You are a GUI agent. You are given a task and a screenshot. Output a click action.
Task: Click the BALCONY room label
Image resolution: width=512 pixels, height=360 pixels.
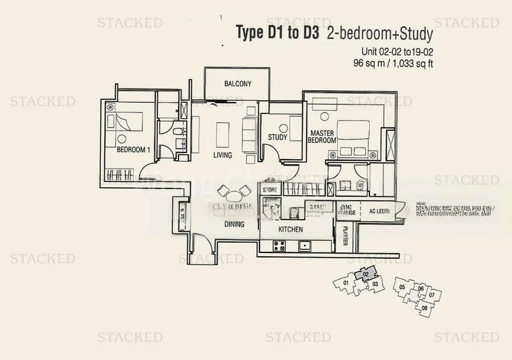click(x=237, y=84)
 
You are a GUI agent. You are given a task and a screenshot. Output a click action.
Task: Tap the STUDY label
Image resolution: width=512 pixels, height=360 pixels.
click(x=277, y=136)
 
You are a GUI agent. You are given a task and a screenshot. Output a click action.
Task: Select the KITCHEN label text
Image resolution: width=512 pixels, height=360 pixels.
click(x=290, y=229)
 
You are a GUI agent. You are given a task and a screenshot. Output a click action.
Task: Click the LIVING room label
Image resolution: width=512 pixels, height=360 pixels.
click(x=222, y=155)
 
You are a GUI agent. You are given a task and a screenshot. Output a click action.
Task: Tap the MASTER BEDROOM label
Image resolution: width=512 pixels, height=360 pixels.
click(x=322, y=136)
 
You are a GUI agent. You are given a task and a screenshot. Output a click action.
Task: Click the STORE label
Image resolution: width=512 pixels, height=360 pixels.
click(x=270, y=190)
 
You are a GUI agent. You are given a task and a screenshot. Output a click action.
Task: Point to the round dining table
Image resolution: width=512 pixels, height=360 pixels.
click(x=233, y=192)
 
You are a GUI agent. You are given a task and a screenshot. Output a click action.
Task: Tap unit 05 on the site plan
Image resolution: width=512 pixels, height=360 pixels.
click(x=402, y=286)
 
